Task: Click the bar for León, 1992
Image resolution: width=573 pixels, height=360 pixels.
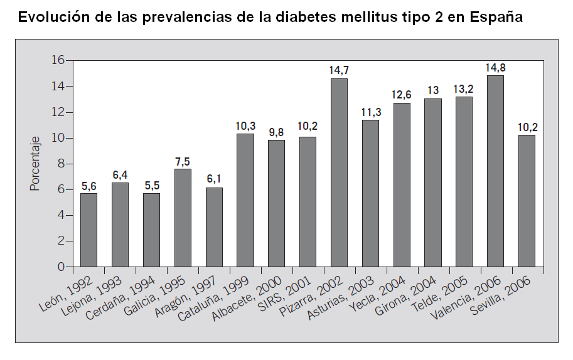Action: tap(88, 230)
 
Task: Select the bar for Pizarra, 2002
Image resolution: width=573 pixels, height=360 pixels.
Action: tap(339, 172)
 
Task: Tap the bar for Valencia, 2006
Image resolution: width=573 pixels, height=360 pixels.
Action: tap(495, 171)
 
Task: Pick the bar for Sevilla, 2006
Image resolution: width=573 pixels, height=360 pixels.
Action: tap(527, 201)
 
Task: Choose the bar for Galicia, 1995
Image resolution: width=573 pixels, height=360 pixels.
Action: tap(183, 218)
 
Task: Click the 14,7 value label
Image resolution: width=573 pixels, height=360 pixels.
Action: tap(339, 70)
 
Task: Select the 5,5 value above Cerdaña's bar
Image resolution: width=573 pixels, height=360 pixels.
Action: tap(151, 186)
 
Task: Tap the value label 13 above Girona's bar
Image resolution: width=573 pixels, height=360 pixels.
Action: tap(433, 90)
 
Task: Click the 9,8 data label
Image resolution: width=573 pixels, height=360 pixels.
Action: tap(277, 132)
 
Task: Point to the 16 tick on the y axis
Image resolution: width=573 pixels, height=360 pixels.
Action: tap(58, 60)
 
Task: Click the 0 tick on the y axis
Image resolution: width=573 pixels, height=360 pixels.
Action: tap(62, 267)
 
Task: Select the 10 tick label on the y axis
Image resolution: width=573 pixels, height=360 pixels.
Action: tap(58, 138)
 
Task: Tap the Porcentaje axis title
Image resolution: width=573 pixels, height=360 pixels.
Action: tap(35, 164)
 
